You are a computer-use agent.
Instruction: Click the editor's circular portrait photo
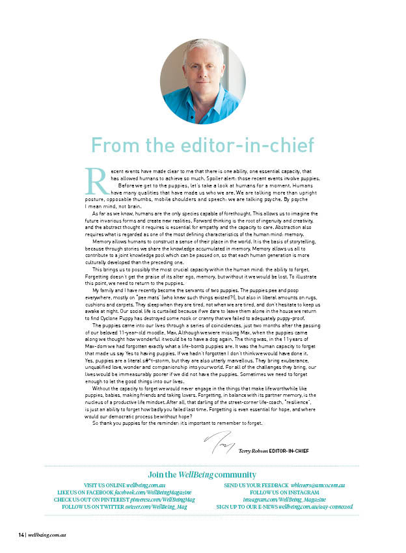[202, 81]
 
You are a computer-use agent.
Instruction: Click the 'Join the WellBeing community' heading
[202, 475]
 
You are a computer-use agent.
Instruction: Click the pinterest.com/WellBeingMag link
[157, 500]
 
